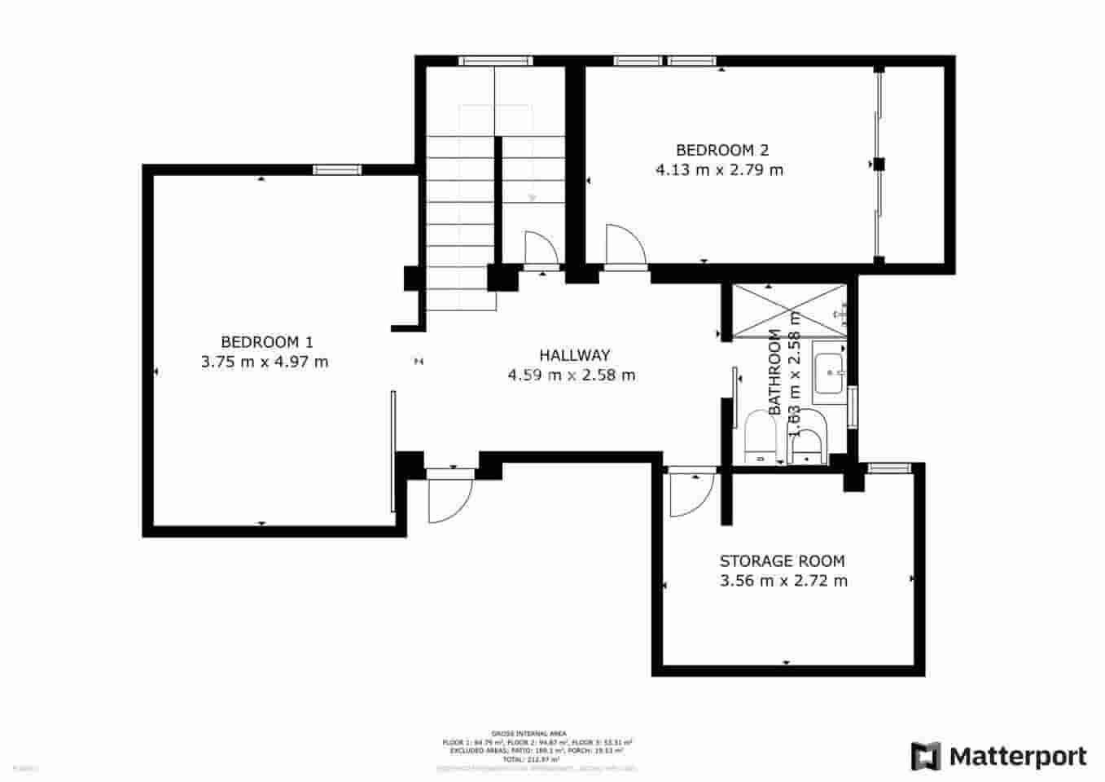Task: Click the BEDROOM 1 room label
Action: pyautogui.click(x=266, y=342)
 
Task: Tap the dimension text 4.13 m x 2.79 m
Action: pyautogui.click(x=719, y=170)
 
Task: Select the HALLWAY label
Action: pyautogui.click(x=574, y=355)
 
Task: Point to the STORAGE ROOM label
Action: pyautogui.click(x=782, y=561)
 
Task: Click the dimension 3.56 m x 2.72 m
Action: pyautogui.click(x=783, y=581)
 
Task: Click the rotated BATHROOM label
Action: pyautogui.click(x=775, y=371)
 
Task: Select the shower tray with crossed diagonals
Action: pyautogui.click(x=789, y=310)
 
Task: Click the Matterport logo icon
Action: pyautogui.click(x=926, y=756)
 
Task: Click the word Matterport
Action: pyautogui.click(x=1018, y=757)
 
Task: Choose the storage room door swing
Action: pyautogui.click(x=691, y=495)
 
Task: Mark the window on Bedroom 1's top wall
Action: pyautogui.click(x=337, y=169)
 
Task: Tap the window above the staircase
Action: pyautogui.click(x=494, y=60)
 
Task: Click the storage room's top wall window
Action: pyautogui.click(x=888, y=468)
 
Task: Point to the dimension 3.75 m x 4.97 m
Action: pyautogui.click(x=265, y=362)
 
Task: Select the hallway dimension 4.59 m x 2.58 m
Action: pyautogui.click(x=572, y=376)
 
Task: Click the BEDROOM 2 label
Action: pyautogui.click(x=721, y=150)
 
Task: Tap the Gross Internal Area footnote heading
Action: pyautogui.click(x=529, y=733)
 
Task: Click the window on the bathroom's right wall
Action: pyautogui.click(x=852, y=406)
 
